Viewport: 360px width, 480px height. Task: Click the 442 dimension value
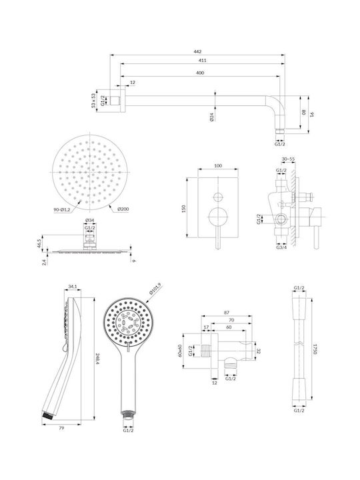click(x=198, y=52)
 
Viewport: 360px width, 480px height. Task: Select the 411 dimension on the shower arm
click(x=203, y=60)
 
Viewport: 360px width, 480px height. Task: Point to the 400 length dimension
click(x=200, y=73)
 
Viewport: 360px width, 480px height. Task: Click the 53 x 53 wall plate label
click(x=93, y=101)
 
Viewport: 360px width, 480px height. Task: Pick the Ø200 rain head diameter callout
click(x=123, y=209)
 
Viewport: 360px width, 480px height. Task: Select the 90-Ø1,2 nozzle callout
click(x=61, y=209)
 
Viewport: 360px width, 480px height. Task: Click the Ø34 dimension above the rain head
click(x=89, y=220)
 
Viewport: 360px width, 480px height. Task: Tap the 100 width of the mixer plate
click(x=218, y=165)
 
